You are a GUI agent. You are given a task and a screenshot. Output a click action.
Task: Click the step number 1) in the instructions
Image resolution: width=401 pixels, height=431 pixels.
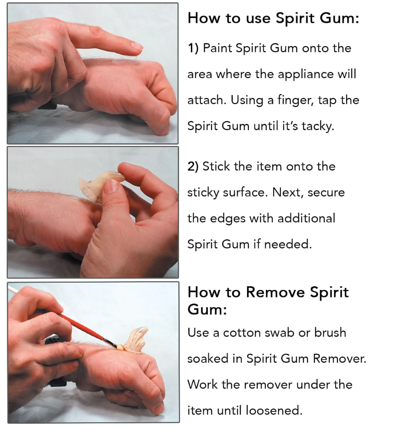click(x=193, y=48)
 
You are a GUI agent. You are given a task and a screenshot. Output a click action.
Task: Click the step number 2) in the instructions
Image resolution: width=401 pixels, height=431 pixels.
click(x=193, y=167)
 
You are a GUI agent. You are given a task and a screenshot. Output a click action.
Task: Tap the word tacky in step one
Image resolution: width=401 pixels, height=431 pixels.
click(x=319, y=126)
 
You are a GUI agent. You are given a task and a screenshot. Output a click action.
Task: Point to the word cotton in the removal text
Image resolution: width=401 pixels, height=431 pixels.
click(x=240, y=333)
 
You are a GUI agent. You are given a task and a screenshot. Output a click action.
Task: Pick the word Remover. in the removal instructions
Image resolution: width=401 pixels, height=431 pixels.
click(x=340, y=359)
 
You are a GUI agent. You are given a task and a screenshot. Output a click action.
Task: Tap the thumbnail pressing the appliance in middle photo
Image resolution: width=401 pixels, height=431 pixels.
click(x=111, y=186)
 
